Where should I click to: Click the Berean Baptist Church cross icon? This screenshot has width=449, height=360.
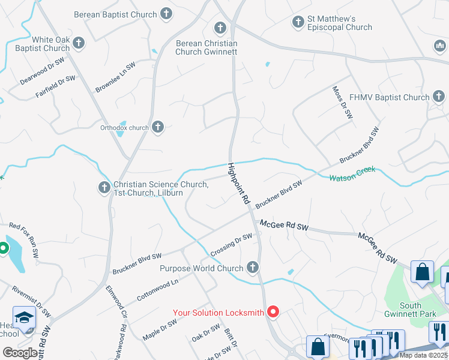coord(166,14)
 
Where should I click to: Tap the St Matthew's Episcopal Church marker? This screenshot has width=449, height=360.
coord(298,22)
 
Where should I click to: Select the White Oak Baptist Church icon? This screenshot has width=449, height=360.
coord(79,43)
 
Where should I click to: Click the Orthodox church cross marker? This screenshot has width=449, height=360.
coord(158,127)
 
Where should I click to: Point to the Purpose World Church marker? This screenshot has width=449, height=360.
coord(253,268)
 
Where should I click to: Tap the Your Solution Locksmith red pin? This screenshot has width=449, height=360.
coord(273,311)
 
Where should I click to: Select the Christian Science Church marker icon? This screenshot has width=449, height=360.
coord(104,188)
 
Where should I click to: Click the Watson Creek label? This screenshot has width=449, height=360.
coord(352,173)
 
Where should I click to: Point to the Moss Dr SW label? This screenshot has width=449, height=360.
coord(342,102)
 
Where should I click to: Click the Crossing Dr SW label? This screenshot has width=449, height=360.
coord(231,245)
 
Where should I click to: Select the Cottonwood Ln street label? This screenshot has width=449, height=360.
coord(158,290)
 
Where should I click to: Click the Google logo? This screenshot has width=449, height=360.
coord(20,352)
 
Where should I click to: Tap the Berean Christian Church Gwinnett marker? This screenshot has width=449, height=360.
coord(220,28)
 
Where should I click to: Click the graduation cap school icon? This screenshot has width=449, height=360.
coord(25,317)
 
